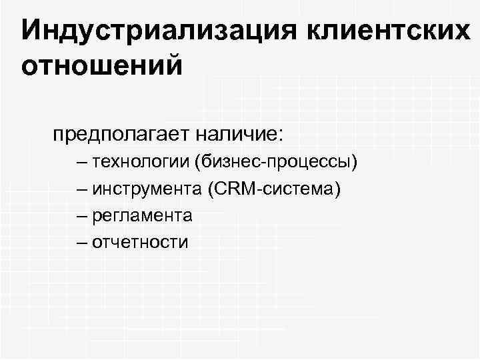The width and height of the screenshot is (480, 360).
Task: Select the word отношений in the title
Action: [101, 66]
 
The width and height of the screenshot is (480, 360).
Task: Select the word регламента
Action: [143, 215]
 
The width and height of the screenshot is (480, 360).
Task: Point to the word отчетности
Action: [141, 242]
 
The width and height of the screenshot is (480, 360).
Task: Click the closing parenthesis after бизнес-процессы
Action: [356, 162]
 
